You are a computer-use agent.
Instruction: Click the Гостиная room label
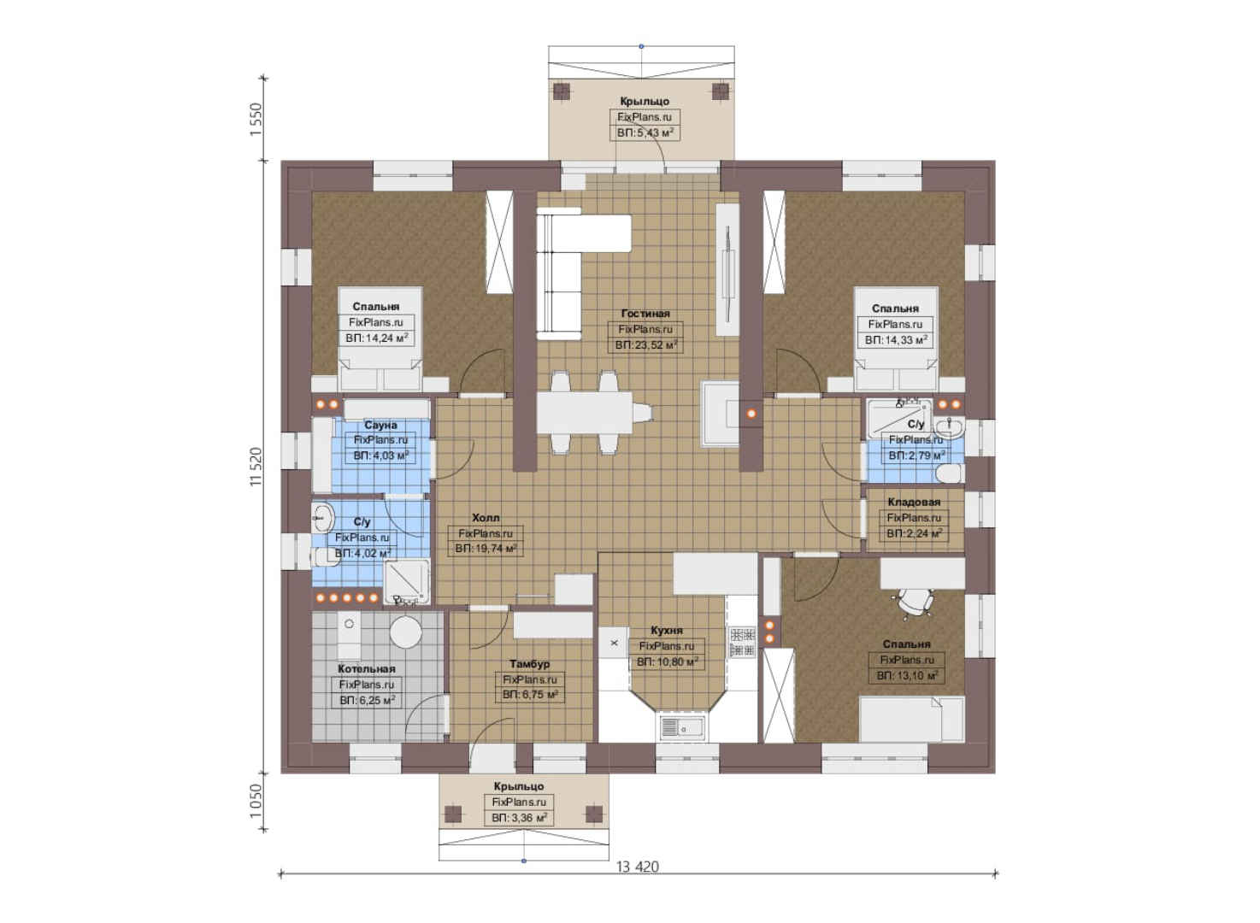(645, 314)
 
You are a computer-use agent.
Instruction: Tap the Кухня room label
(667, 631)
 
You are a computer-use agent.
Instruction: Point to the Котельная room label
(367, 669)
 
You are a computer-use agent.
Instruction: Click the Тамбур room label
(530, 664)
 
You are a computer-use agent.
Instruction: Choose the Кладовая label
(914, 502)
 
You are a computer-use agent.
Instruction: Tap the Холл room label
(486, 517)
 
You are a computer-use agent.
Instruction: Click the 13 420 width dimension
(638, 867)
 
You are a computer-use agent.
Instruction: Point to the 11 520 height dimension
(256, 467)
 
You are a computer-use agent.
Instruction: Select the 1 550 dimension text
(256, 119)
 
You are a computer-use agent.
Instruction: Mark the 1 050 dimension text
(256, 801)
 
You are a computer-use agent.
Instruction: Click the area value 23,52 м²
(645, 344)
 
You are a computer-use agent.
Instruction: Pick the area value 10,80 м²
(667, 662)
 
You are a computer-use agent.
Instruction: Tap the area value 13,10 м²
(907, 675)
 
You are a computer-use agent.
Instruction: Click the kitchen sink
(682, 727)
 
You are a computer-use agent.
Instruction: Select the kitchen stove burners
(742, 643)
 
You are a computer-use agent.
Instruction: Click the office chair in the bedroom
(913, 603)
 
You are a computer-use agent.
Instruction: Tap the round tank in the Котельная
(405, 632)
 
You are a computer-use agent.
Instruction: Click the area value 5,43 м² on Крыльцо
(645, 132)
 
